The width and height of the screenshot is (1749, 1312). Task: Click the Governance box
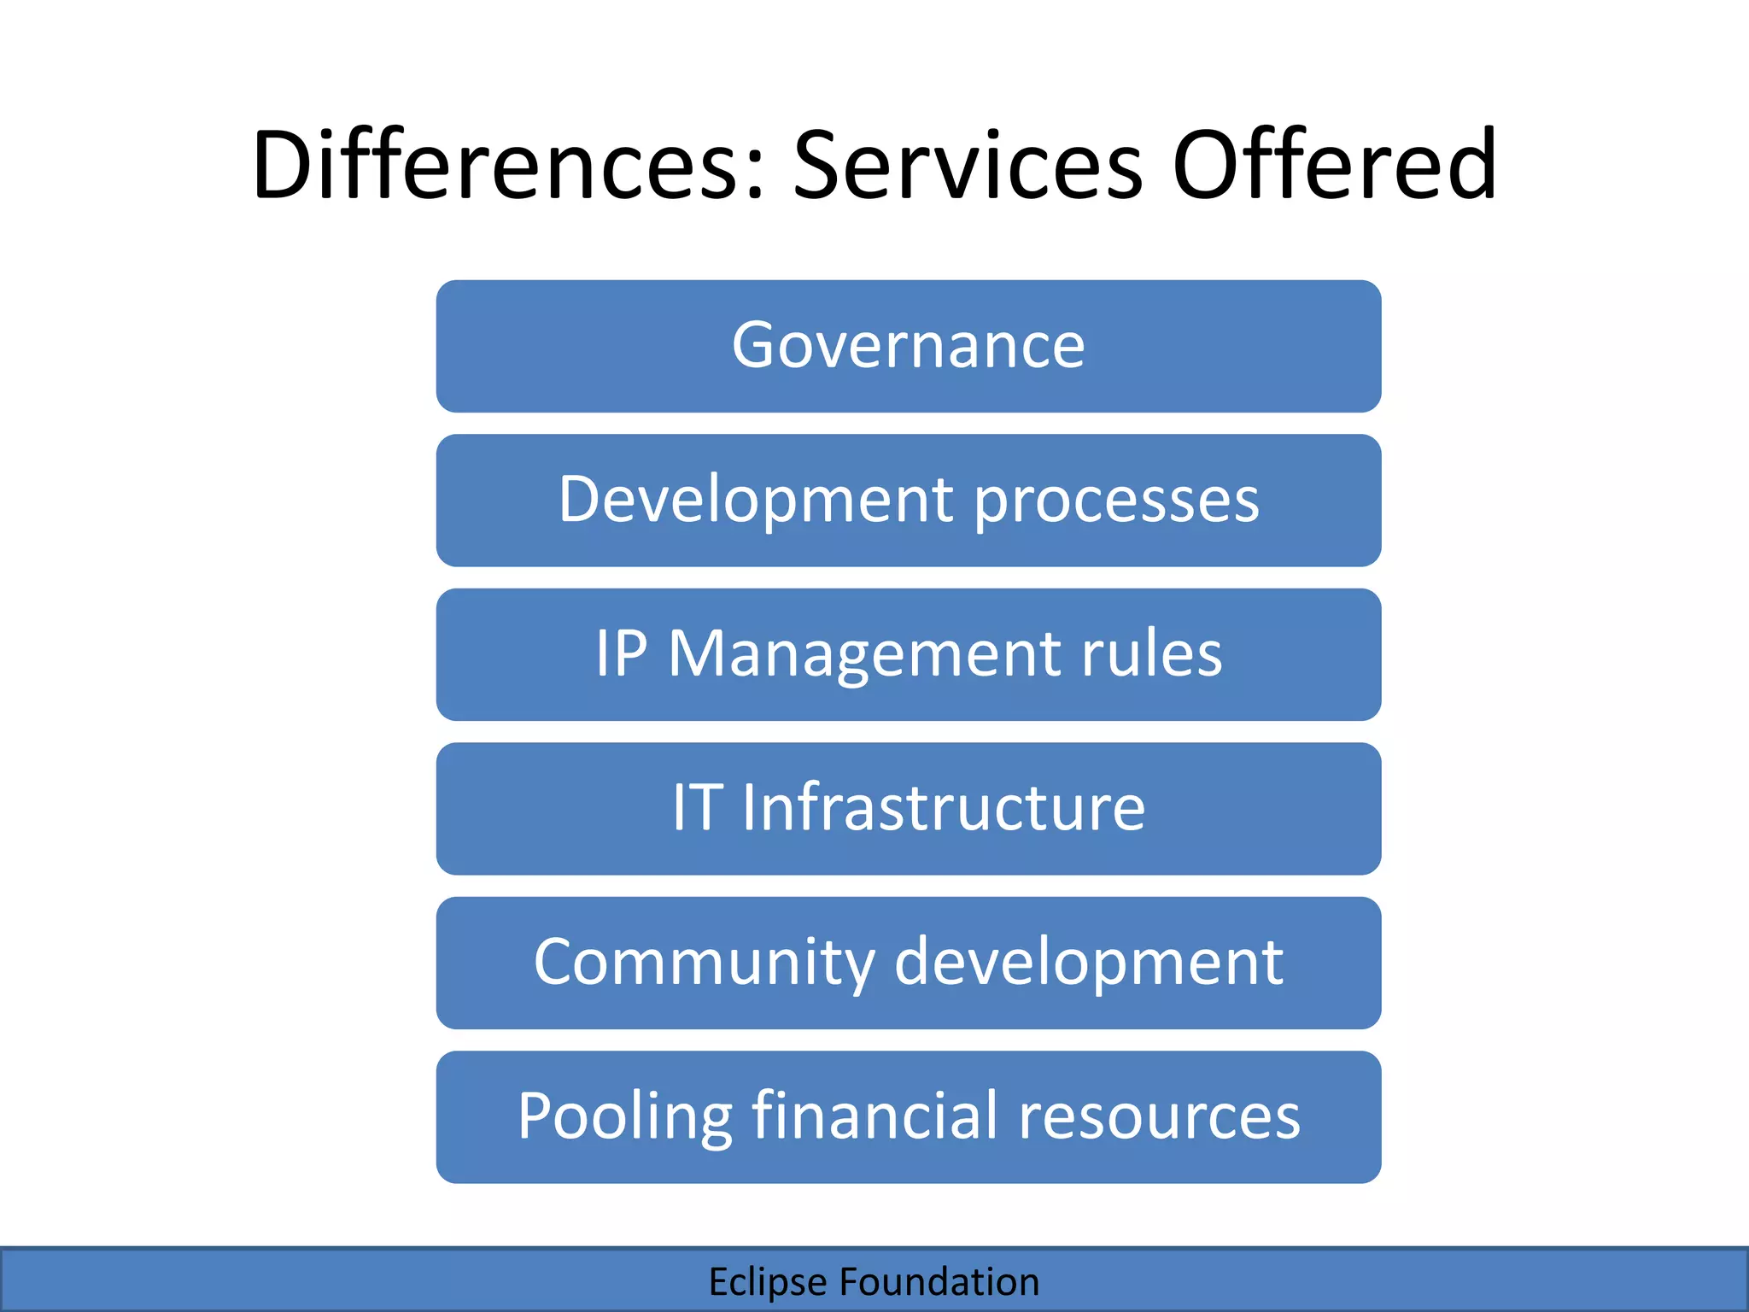click(x=908, y=346)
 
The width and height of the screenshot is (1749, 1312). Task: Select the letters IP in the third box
click(x=621, y=654)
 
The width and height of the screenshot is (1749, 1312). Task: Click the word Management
click(x=863, y=656)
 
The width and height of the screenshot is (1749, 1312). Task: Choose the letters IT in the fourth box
click(x=698, y=808)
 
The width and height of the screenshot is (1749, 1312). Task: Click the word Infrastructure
click(x=943, y=808)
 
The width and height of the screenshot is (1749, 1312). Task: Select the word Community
click(x=704, y=963)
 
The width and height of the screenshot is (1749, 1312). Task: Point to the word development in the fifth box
click(x=1088, y=963)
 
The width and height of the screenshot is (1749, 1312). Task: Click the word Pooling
click(x=624, y=1117)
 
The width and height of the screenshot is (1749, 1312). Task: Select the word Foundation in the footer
click(x=939, y=1282)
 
